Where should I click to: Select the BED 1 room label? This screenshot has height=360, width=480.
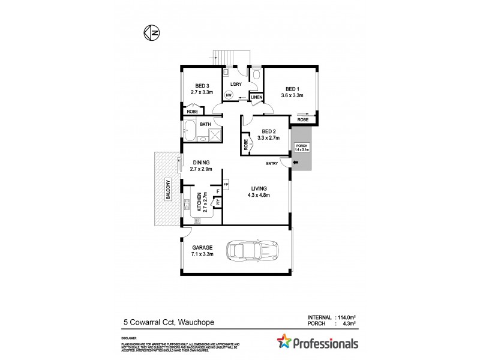[292, 88]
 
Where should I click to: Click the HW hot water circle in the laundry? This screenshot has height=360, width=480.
[229, 95]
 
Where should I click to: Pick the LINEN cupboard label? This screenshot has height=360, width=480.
[256, 97]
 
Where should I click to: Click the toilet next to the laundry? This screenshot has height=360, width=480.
[256, 74]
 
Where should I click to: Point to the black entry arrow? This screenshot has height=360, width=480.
[294, 162]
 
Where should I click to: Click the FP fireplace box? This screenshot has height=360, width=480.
[226, 184]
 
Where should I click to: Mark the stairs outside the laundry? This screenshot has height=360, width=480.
[225, 58]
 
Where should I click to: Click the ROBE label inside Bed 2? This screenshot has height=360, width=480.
[246, 145]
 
